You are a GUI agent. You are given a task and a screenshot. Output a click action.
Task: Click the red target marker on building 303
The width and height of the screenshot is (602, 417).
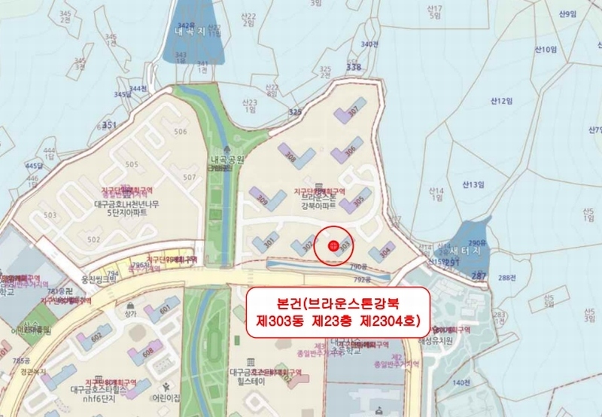click(x=333, y=245)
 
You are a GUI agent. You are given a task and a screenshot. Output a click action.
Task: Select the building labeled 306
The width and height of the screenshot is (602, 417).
click(x=349, y=151)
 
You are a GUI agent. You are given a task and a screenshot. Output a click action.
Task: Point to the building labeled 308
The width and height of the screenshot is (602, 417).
click(x=292, y=157)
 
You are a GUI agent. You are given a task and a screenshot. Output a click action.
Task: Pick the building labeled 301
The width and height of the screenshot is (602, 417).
click(x=269, y=242)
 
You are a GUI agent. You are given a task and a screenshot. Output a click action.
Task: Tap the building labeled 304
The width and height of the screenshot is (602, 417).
click(x=385, y=251)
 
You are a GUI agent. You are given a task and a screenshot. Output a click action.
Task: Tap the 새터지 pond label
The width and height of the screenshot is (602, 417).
click(x=471, y=251)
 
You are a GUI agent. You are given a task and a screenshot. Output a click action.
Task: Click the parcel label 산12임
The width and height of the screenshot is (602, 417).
click(x=500, y=101)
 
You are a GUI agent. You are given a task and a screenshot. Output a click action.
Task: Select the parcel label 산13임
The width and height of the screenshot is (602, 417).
click(x=476, y=184)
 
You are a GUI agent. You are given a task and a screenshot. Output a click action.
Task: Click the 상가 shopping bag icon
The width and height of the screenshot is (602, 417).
click(x=132, y=304)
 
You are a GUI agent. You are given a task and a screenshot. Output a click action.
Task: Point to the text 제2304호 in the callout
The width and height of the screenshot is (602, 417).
click(x=387, y=321)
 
